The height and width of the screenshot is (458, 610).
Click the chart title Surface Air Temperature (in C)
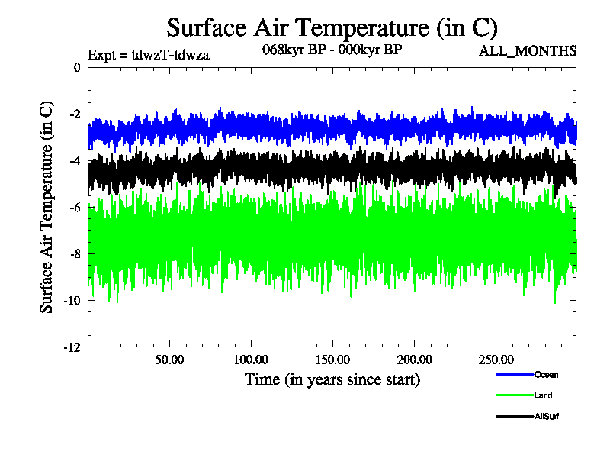tap(332, 27)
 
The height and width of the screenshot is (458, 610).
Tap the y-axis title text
tap(47, 206)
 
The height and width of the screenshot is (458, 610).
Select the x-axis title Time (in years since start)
tap(332, 379)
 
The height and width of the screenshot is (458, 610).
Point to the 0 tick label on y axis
tap(76, 67)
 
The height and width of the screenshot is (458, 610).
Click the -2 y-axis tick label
tap(74, 114)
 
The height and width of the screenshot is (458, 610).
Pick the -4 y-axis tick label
tap(74, 160)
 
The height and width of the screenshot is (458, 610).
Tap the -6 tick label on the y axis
tap(74, 207)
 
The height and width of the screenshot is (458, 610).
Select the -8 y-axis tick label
tap(74, 253)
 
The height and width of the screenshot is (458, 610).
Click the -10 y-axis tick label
tap(72, 300)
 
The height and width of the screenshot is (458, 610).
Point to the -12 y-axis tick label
tap(72, 347)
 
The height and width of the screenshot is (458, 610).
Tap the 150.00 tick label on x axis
tap(332, 359)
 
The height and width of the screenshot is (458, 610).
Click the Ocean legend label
tap(546, 374)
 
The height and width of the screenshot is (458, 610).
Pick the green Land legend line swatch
tap(513, 395)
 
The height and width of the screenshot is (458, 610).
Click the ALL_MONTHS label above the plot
tap(527, 51)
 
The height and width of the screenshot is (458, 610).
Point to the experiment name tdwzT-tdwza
tap(171, 54)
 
